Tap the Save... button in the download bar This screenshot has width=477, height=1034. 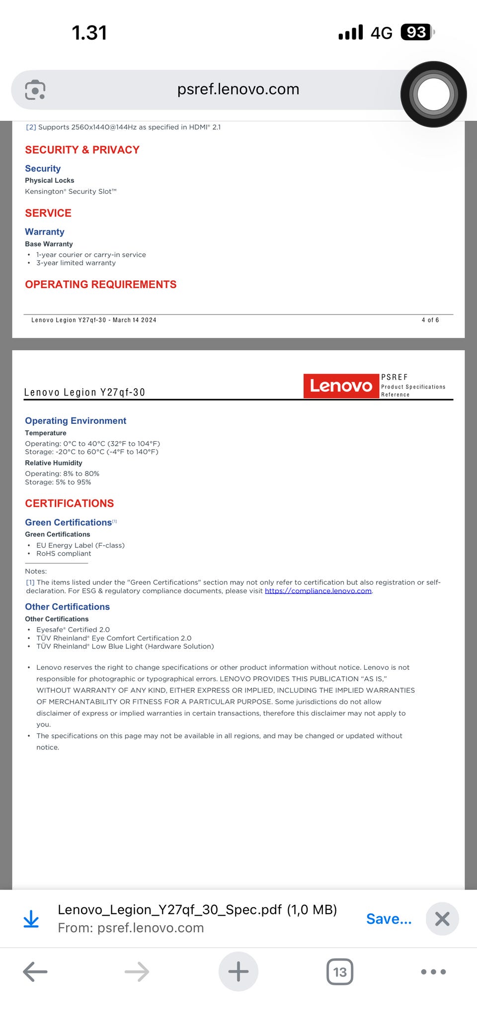point(389,919)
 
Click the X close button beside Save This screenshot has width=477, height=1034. point(442,919)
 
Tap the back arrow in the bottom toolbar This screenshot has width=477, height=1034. point(35,971)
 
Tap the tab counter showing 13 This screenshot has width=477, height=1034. point(340,971)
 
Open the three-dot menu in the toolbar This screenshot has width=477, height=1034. point(433,971)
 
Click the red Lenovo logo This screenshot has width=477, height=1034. point(341,386)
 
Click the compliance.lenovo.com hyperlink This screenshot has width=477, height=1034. point(318,591)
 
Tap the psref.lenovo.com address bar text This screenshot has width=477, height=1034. point(238,89)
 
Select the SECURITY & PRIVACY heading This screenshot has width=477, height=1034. point(82,150)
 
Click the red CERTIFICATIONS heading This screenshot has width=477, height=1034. point(70,503)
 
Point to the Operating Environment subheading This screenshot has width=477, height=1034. point(76,421)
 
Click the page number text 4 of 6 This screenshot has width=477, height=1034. point(430,320)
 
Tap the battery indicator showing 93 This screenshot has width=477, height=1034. point(416,32)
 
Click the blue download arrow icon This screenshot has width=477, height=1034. point(31,919)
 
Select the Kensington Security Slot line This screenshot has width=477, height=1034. point(71,191)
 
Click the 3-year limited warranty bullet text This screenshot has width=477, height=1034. point(76,263)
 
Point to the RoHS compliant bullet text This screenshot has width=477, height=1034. point(64,554)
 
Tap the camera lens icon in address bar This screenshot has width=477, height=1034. point(35,89)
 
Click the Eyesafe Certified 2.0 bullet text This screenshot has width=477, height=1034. point(73,630)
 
